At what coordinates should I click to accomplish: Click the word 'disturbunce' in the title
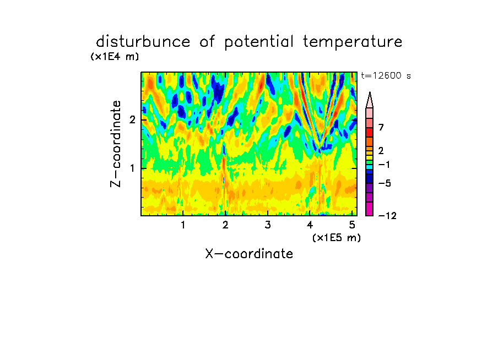(143, 42)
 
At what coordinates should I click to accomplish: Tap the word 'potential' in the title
(259, 42)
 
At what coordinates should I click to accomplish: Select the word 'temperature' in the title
(353, 42)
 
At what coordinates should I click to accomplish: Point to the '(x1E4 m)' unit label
(115, 57)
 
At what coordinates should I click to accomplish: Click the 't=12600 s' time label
(386, 75)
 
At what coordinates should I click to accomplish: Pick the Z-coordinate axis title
(116, 144)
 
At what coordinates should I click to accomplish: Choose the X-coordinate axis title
(249, 254)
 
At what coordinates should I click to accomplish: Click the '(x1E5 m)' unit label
(337, 238)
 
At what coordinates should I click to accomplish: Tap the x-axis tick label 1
(183, 225)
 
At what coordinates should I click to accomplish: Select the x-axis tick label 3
(268, 225)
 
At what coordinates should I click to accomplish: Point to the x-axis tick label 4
(310, 225)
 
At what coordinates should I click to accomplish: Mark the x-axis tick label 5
(352, 225)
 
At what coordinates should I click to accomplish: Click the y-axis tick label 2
(132, 120)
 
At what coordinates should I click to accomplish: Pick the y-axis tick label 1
(132, 168)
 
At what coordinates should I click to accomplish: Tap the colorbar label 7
(381, 127)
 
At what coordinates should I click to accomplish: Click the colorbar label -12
(387, 216)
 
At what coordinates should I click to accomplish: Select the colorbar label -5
(385, 183)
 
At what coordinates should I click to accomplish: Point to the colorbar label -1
(384, 165)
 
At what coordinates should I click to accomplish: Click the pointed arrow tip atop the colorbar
(370, 92)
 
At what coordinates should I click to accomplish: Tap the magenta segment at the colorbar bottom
(370, 209)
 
